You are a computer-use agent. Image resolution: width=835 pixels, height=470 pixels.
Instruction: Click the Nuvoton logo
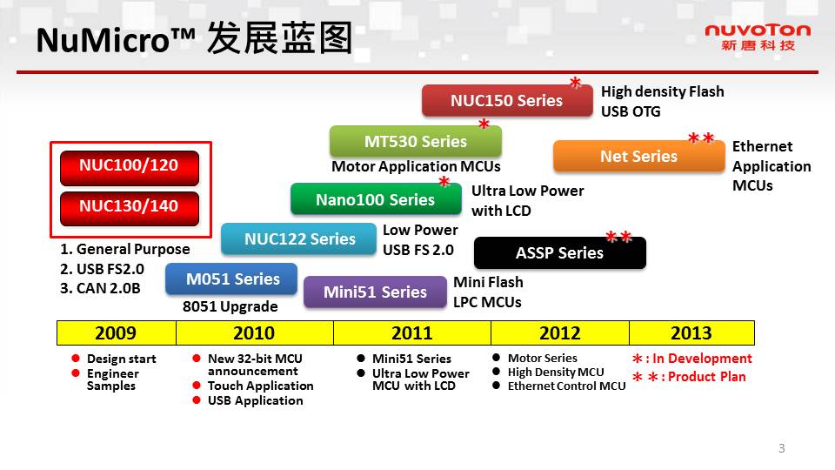[x=758, y=37]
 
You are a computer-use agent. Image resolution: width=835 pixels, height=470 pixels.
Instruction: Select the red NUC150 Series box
[x=507, y=100]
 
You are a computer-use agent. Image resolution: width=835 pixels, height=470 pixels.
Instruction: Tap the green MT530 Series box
[x=416, y=141]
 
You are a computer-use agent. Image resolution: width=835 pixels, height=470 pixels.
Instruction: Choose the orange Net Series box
[x=639, y=156]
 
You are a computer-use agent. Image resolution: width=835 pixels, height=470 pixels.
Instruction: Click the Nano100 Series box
[x=376, y=199]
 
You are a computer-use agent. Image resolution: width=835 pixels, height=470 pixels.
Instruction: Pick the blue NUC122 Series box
[x=299, y=238]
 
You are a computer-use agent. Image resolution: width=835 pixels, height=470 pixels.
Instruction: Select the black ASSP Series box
[x=559, y=252]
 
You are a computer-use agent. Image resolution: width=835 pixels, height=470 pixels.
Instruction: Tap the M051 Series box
[x=231, y=279]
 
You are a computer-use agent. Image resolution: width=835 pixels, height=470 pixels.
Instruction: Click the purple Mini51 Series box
[x=376, y=292]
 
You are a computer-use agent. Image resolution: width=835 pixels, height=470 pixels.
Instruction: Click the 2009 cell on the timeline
[x=116, y=333]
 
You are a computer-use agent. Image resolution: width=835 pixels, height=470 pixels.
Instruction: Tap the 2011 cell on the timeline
[x=412, y=333]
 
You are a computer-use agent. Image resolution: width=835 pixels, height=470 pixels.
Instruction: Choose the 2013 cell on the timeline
[x=691, y=333]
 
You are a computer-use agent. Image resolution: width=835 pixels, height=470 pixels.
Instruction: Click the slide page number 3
[x=782, y=448]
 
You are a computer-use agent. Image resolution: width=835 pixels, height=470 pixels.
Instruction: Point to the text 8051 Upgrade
[x=230, y=306]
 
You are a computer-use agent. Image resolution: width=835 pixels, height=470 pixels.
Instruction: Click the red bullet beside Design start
[x=76, y=358]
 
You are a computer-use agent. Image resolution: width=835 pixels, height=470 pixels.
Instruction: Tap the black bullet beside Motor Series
[x=497, y=358]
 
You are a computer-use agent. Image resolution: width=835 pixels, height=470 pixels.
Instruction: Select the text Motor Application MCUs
[x=416, y=166]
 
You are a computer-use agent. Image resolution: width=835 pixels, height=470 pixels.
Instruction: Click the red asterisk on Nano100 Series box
[x=444, y=182]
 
